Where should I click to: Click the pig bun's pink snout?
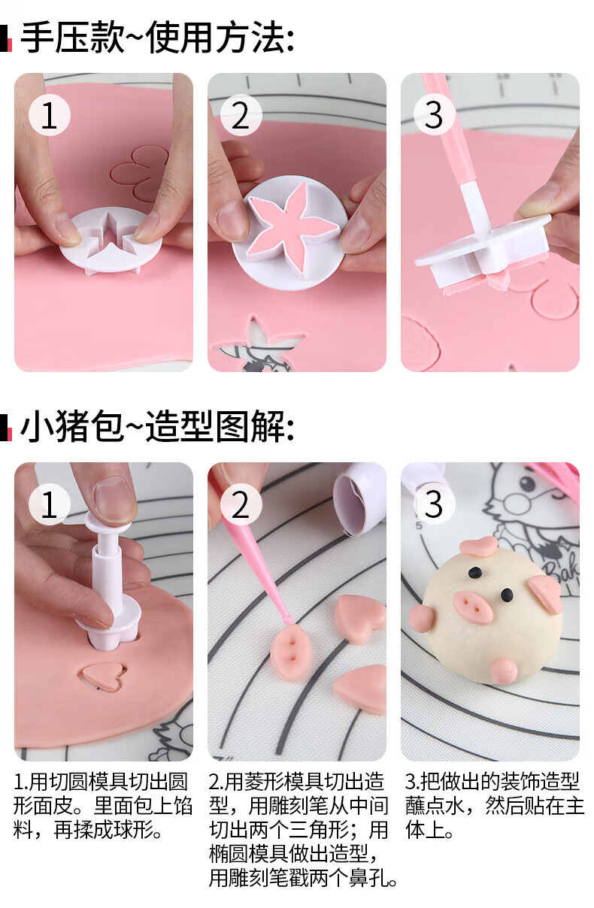click(x=472, y=606)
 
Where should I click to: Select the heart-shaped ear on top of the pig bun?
click(x=479, y=546)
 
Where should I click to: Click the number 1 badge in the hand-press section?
click(x=50, y=115)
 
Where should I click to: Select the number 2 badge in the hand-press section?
click(x=241, y=115)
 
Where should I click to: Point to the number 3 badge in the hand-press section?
click(x=434, y=115)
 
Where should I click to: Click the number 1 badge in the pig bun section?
click(x=50, y=504)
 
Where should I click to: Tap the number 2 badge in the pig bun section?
click(x=241, y=504)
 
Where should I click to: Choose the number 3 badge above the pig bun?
click(x=434, y=504)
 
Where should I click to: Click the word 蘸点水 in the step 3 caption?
click(x=435, y=806)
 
